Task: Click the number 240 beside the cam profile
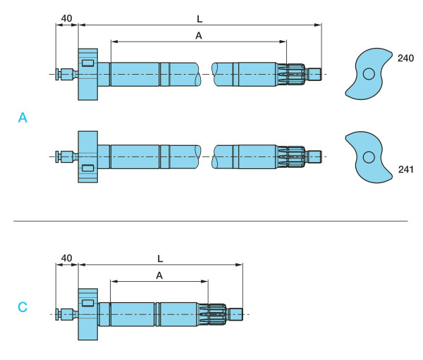point(405,58)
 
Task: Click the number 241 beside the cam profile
point(405,169)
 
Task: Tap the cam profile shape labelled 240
point(368,73)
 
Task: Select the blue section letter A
point(23,118)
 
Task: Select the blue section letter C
point(23,307)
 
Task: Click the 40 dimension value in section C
point(66,258)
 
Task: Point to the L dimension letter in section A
point(200,15)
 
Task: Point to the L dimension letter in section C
point(161,258)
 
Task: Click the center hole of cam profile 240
point(369,73)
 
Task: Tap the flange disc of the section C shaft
point(87,314)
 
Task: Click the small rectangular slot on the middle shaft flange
point(87,168)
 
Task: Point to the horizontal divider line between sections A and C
point(211,221)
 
